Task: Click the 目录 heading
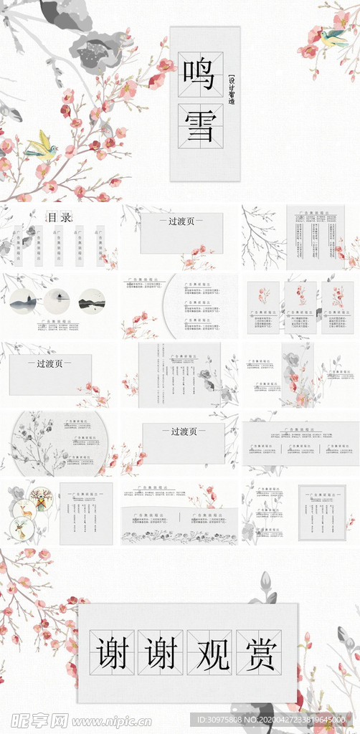pyautogui.click(x=59, y=217)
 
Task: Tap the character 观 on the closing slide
pyautogui.click(x=209, y=652)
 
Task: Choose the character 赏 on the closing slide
pyautogui.click(x=258, y=652)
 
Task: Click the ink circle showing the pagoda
pyautogui.click(x=24, y=302)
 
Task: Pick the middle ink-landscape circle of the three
pyautogui.click(x=57, y=302)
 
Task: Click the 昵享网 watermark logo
pyautogui.click(x=36, y=720)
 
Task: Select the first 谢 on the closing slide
pyautogui.click(x=112, y=652)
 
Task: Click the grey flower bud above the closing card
pyautogui.click(x=266, y=582)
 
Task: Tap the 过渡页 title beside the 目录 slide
pyautogui.click(x=181, y=221)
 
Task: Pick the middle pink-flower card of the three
pyautogui.click(x=300, y=307)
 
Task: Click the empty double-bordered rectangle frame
pyautogui.click(x=322, y=512)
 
